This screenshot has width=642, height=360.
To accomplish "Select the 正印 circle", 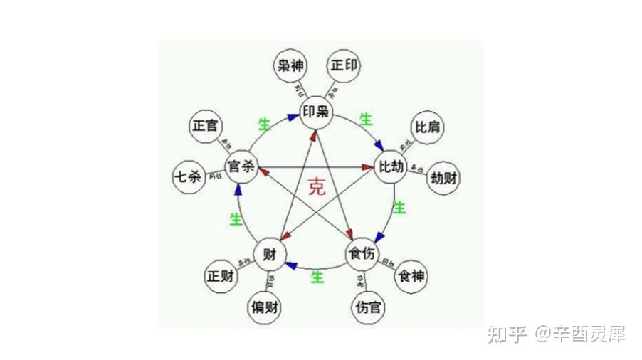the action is click(x=344, y=66).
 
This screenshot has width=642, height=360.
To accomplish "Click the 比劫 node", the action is click(x=391, y=167).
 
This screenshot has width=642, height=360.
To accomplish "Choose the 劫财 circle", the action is click(x=443, y=179).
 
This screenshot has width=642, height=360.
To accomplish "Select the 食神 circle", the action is click(x=413, y=276).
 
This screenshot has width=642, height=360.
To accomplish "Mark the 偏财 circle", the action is click(x=264, y=308).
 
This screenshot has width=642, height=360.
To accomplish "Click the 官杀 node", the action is click(x=241, y=167).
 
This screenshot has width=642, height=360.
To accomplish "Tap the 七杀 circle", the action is click(x=188, y=177).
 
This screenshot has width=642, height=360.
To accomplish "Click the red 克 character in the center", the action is click(x=317, y=188).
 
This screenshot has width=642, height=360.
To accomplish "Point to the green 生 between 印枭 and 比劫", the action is click(x=367, y=120).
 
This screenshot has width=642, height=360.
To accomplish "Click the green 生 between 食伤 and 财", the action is click(x=317, y=277).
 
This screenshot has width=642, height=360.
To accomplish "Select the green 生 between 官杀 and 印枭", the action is click(x=264, y=125).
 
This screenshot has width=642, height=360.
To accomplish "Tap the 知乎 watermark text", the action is click(x=507, y=334).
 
